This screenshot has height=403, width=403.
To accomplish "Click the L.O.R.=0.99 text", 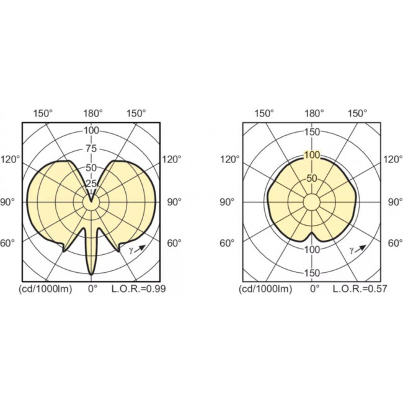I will pos(138,289).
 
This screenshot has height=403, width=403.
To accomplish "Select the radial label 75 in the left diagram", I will pos(92,148).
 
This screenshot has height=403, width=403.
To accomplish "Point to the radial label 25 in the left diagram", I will pos(92,184).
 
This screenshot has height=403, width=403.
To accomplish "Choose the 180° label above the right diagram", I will pos(314,113).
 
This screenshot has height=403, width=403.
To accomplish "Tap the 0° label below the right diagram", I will pos(314,289).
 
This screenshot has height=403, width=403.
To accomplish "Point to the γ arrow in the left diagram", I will pos(138,249).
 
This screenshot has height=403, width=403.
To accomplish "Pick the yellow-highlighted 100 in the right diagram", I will pos(312,155).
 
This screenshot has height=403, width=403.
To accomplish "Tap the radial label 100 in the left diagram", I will pos(92,131).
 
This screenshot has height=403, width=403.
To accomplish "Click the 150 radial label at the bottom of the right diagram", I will pos(312,273).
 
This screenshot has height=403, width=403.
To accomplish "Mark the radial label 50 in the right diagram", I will pos(312,179).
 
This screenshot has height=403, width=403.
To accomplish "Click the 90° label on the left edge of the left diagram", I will pos(12,202).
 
